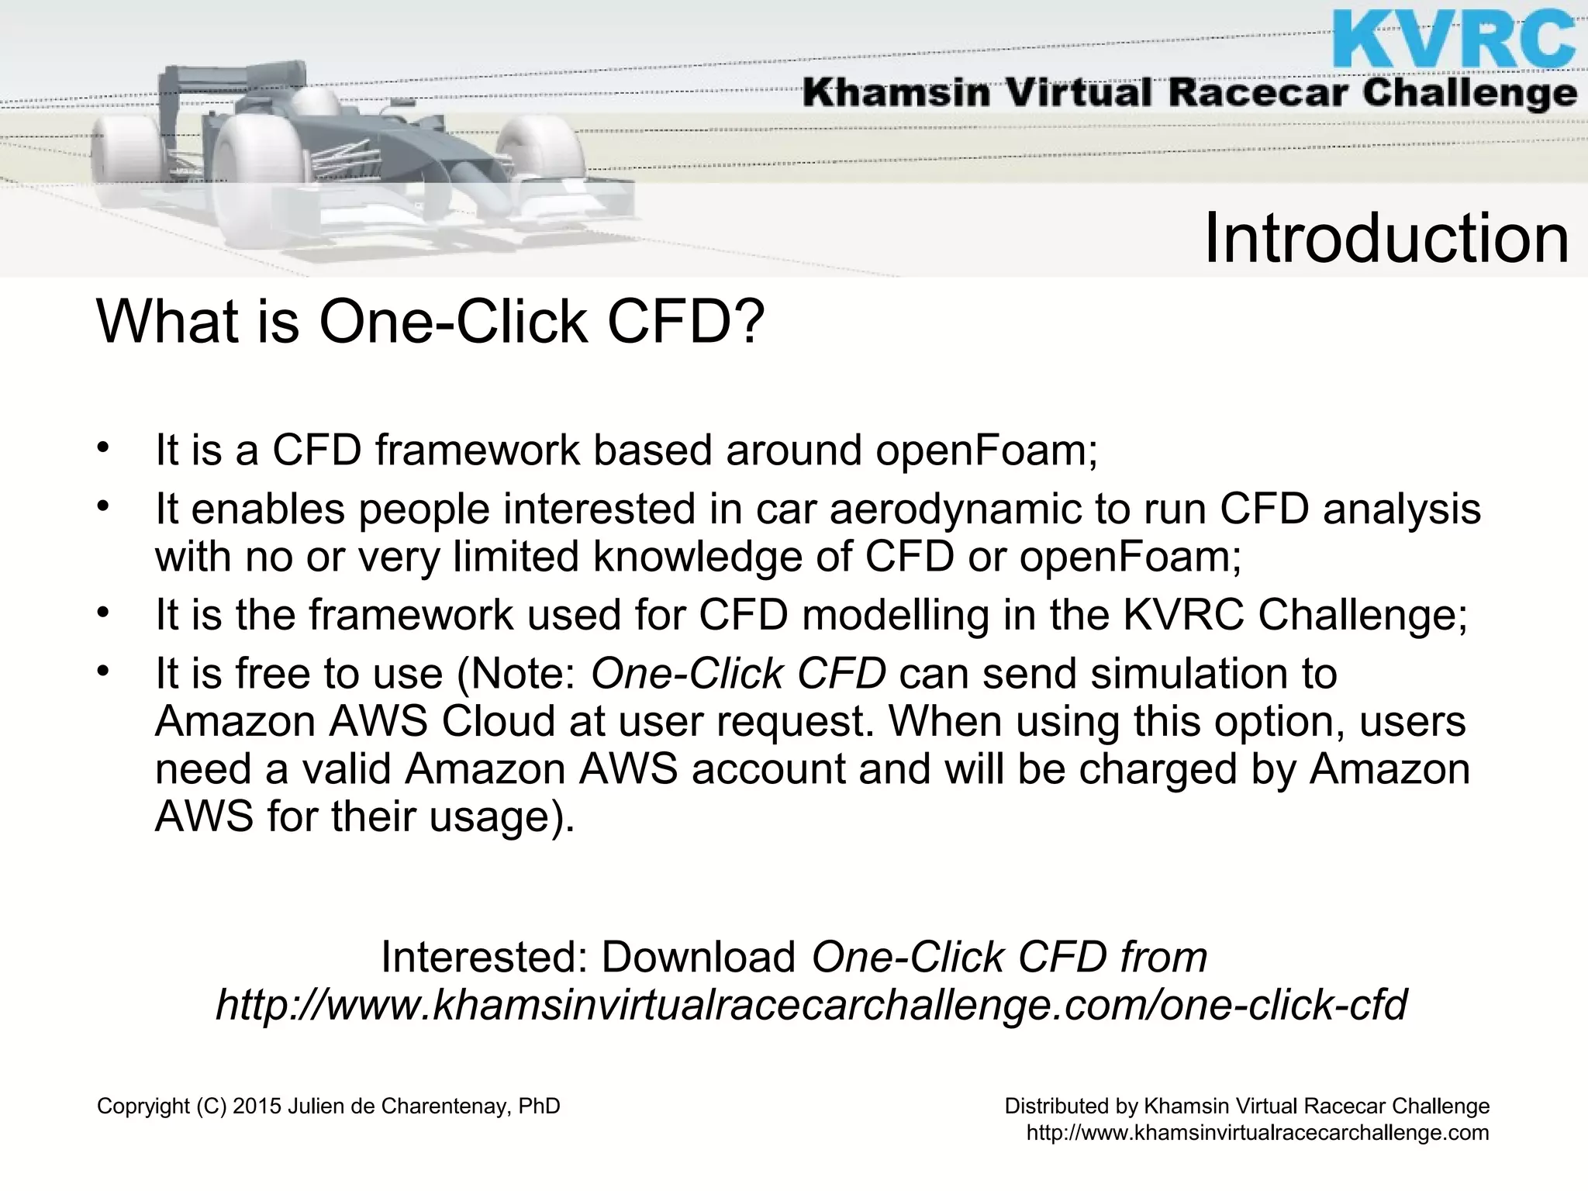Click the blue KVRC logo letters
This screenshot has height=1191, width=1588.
[1455, 39]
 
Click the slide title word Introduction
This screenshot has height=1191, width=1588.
[1386, 238]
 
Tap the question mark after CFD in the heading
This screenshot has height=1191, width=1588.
[749, 321]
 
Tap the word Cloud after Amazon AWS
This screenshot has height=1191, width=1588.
[499, 721]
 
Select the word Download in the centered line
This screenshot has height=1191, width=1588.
[699, 957]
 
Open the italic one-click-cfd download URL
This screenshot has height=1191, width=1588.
[811, 1005]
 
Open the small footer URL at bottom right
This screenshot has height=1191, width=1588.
[1258, 1133]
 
